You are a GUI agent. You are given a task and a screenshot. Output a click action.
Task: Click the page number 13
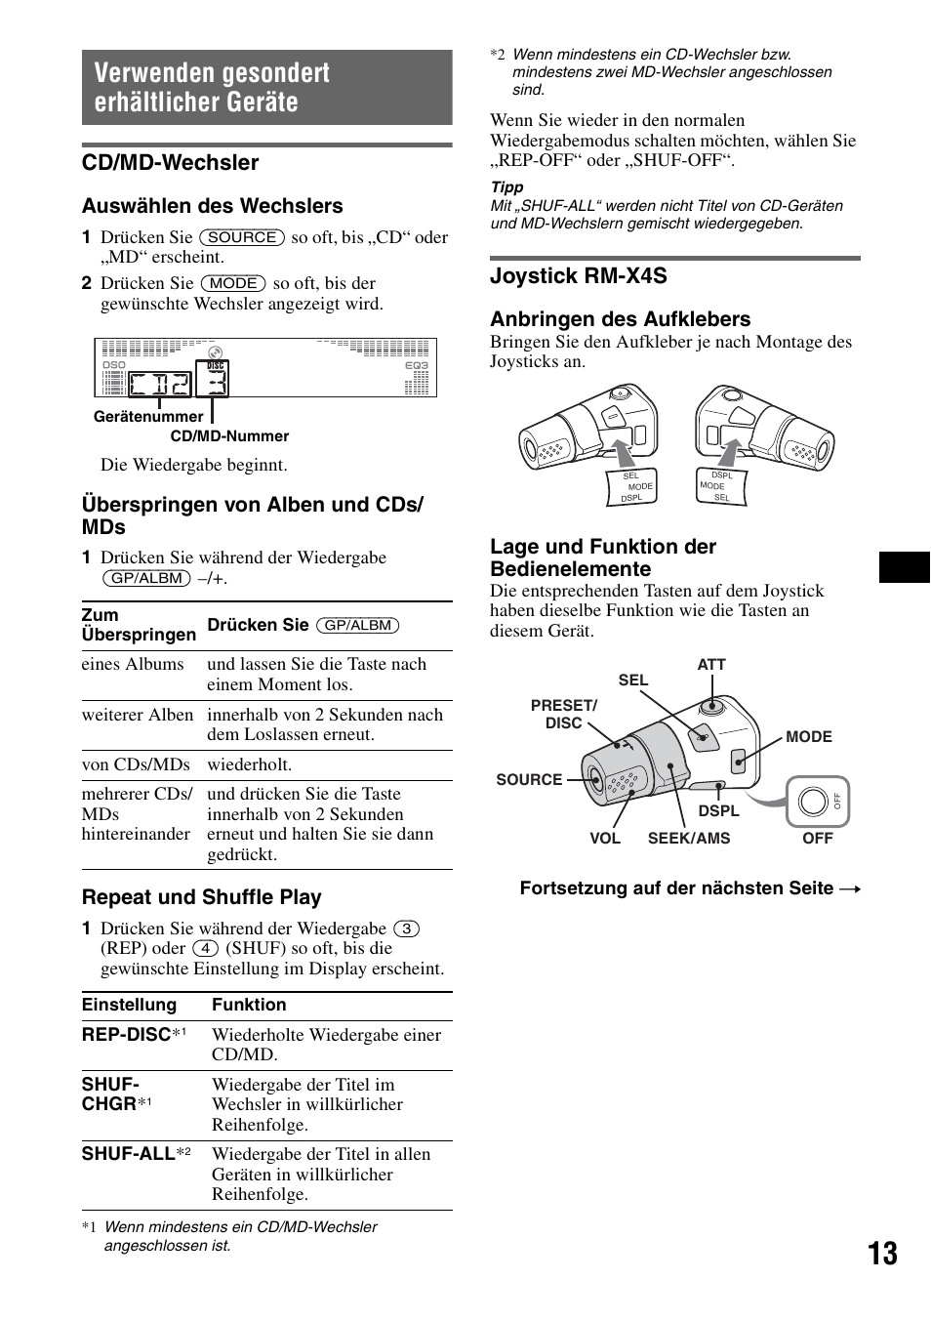click(882, 1254)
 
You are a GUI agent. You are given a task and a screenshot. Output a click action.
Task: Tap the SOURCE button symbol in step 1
click(242, 237)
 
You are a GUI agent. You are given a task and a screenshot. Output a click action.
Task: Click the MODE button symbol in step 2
click(233, 283)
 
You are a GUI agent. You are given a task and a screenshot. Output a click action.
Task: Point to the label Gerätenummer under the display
click(148, 417)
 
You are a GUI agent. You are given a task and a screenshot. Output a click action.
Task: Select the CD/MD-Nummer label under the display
click(229, 436)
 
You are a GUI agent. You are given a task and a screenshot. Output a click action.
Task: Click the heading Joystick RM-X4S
click(579, 276)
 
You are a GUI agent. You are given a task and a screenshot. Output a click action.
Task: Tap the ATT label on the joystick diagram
click(711, 665)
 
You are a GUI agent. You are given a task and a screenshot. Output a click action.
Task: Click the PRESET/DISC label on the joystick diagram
click(563, 714)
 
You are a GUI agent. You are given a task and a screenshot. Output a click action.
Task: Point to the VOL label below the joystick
click(605, 839)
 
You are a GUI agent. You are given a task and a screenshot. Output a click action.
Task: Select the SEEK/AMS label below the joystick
click(689, 839)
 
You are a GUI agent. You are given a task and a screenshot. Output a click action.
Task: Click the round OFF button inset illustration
click(814, 802)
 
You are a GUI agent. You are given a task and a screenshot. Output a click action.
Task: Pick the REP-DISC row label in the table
click(127, 1035)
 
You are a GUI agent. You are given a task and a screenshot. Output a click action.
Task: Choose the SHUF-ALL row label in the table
click(129, 1154)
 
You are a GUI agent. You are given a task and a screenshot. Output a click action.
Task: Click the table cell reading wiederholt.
click(249, 764)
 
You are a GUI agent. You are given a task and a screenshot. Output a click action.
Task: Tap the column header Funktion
click(249, 1005)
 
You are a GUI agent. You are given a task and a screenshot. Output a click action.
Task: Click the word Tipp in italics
click(506, 187)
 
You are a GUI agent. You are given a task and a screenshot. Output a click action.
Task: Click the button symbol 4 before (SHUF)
click(205, 949)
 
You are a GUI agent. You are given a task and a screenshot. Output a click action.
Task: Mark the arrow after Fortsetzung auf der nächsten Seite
click(850, 889)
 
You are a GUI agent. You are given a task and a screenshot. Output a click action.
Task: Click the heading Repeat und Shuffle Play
click(202, 897)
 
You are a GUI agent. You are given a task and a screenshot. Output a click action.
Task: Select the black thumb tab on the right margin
click(905, 567)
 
